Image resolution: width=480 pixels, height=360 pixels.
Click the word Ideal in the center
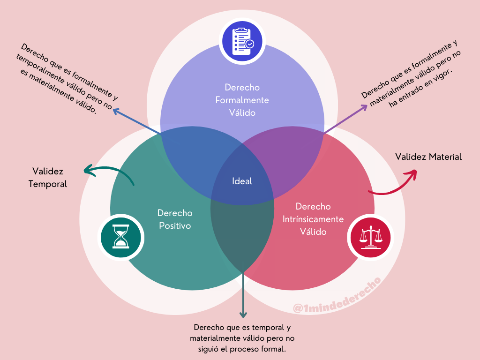(x=242, y=181)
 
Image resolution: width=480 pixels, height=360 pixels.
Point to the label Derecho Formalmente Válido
(x=242, y=100)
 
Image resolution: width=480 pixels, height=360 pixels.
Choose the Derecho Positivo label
(x=175, y=219)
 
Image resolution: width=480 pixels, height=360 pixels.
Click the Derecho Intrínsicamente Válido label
(x=313, y=219)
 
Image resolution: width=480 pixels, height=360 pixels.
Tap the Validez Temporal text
(x=48, y=178)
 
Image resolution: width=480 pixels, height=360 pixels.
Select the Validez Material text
(x=428, y=157)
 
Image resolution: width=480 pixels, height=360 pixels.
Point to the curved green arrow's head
(x=86, y=171)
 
